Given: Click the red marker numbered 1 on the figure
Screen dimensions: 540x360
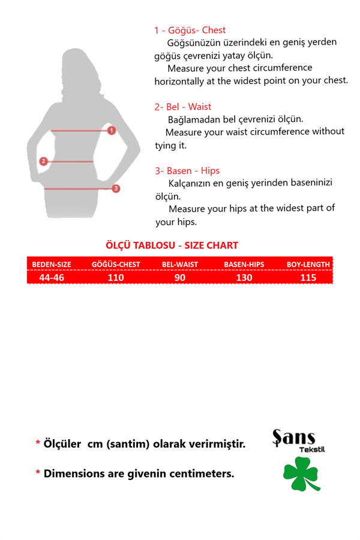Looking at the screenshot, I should point(112,130).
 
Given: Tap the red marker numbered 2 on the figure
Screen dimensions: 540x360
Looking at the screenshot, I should point(43,161).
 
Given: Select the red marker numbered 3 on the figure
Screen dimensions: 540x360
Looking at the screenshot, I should point(116,188).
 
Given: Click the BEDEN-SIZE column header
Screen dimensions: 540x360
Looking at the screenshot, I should point(52,264).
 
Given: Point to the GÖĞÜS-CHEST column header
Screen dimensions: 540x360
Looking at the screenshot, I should point(116,264).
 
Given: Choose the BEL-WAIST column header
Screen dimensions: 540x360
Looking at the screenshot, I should point(180,264).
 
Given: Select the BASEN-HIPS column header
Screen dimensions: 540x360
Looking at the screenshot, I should point(244,264).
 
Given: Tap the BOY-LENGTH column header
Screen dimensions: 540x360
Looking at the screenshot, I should point(308,264).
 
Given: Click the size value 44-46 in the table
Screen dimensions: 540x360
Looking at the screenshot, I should point(52,278).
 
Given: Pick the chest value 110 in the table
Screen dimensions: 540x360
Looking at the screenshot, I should point(116,278).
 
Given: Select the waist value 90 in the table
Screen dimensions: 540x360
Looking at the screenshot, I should point(180,278).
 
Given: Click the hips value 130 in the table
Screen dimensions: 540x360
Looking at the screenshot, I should point(244,278).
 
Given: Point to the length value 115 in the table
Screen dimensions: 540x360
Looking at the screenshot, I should point(308,278).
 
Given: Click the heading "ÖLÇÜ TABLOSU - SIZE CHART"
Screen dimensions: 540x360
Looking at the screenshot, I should point(172,245).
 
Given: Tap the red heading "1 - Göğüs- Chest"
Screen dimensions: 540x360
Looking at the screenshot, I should point(190,30).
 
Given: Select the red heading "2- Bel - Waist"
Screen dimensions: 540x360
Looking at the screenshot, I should point(183,107).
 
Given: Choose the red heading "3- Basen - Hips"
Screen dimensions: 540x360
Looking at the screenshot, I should point(187,171).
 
